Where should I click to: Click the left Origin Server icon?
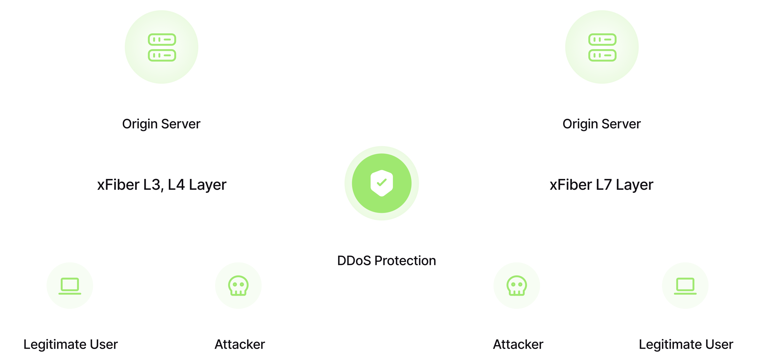[162, 47]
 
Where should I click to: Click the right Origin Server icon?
[602, 47]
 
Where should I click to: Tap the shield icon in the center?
[382, 183]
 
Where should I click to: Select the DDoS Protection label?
[386, 261]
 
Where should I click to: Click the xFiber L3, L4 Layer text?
[162, 185]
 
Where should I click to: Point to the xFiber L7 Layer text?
[601, 185]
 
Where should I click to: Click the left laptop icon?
[70, 286]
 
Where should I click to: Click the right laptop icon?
[685, 286]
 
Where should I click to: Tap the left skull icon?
[238, 286]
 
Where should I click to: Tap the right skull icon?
[517, 286]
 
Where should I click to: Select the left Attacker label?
[240, 345]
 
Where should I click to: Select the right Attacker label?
[518, 345]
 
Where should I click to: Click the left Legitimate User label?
[71, 345]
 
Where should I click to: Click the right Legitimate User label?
[686, 345]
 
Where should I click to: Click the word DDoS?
[354, 261]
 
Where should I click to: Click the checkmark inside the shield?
[382, 182]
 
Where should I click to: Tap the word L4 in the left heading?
[176, 185]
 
